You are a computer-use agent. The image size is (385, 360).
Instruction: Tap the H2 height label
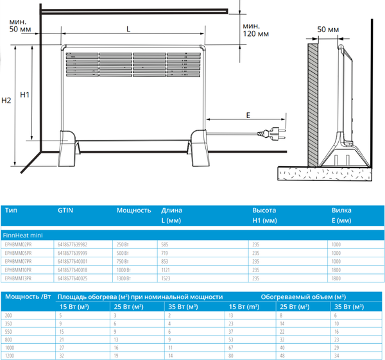tap(6, 101)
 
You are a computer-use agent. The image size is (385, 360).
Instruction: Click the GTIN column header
tap(66, 210)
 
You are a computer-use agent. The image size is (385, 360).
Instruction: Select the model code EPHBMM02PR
tap(18, 244)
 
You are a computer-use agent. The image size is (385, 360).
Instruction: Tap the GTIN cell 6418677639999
tap(73, 253)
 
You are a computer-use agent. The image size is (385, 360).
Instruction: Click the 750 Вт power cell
tap(123, 262)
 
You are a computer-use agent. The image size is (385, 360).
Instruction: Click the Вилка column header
tap(341, 210)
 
